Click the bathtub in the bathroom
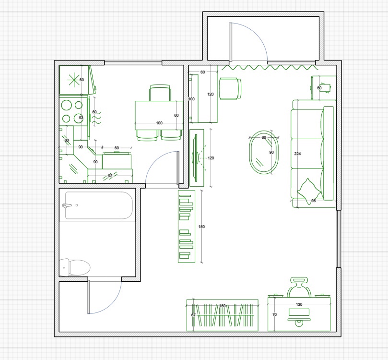pos(99,205)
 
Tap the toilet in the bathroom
pos(75,267)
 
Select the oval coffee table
pos(264,152)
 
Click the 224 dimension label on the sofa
pos(297,154)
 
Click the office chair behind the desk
pos(299,287)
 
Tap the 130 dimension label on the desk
pos(299,304)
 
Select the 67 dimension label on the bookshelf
pos(193,315)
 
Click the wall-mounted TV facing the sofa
pos(196,158)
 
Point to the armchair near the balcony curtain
pos(230,89)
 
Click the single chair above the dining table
pos(160,93)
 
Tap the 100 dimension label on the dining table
pos(159,123)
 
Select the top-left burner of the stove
pos(66,105)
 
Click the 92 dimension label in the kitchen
pos(110,176)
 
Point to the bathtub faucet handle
pos(67,205)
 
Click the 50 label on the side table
pos(319,88)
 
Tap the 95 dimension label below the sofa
pos(314,201)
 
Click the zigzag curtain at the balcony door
pos(270,67)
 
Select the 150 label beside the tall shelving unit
pos(201,227)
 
